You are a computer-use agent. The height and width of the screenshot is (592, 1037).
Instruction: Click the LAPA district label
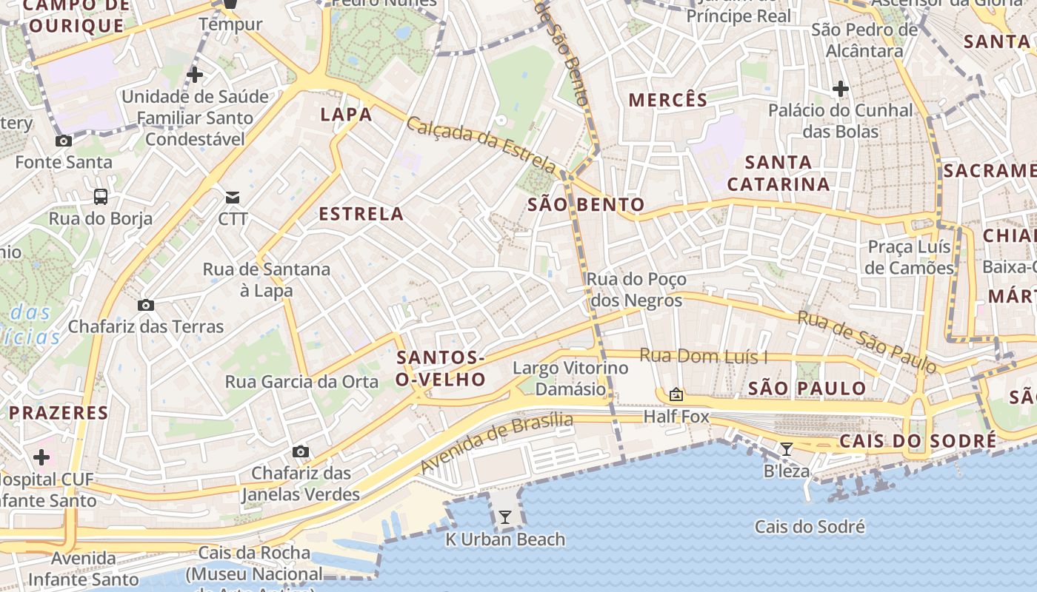point(346,115)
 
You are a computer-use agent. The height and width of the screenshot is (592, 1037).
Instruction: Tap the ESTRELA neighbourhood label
point(361,215)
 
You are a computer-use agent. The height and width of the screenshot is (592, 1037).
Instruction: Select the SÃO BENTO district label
point(586,205)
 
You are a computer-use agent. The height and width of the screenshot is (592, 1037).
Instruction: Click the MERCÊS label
point(668,100)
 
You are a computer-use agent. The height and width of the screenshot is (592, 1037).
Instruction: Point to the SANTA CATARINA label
point(778,173)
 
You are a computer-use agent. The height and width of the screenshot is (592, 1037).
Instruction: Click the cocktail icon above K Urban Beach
point(505,517)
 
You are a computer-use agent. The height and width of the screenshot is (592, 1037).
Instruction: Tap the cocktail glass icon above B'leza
point(787,448)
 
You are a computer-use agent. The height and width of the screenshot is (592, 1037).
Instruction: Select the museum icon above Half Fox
point(676,394)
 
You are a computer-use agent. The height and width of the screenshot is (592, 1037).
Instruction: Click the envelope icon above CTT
point(233,197)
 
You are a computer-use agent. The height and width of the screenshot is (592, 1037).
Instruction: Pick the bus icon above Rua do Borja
point(100,196)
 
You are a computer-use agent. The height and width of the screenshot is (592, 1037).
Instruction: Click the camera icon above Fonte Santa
point(64,141)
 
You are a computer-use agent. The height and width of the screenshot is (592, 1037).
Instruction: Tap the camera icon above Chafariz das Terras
point(146,305)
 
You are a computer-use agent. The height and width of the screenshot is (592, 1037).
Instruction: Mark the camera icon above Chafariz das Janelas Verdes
point(300,451)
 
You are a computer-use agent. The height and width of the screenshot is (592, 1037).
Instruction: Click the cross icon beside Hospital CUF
point(41,457)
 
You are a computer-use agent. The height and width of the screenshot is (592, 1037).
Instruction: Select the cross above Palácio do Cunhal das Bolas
point(840,89)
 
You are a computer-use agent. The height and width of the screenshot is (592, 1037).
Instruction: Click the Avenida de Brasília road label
point(496,443)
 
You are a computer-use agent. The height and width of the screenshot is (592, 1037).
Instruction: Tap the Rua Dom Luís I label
point(703,357)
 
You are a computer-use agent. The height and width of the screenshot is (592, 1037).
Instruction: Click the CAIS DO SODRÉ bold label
point(918,442)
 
